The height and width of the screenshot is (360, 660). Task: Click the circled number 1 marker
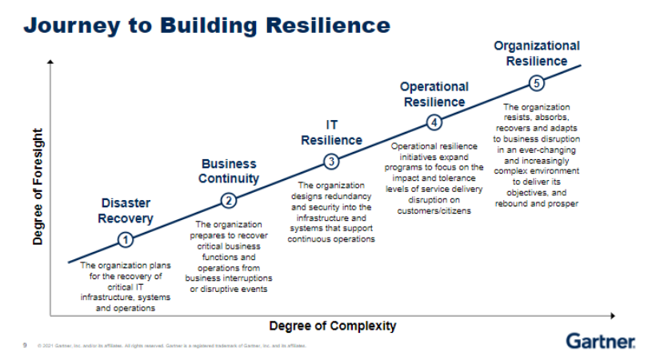(x=125, y=238)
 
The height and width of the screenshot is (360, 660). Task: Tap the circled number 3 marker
(x=331, y=162)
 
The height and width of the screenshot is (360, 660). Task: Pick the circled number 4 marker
(x=434, y=122)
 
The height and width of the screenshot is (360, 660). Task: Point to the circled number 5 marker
(x=537, y=83)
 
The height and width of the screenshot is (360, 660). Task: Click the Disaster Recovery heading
(x=126, y=210)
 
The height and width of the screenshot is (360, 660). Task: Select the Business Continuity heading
(x=230, y=171)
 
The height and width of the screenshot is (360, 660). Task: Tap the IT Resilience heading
(x=331, y=133)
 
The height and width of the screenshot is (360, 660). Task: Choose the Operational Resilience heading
(x=434, y=94)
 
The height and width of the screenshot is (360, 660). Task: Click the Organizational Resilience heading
(x=537, y=54)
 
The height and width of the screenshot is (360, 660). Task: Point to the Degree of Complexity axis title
(x=332, y=326)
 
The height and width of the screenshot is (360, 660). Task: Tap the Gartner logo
(x=601, y=342)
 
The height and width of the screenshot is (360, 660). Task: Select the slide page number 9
(x=25, y=346)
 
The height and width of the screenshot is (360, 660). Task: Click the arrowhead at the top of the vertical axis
(x=51, y=61)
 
